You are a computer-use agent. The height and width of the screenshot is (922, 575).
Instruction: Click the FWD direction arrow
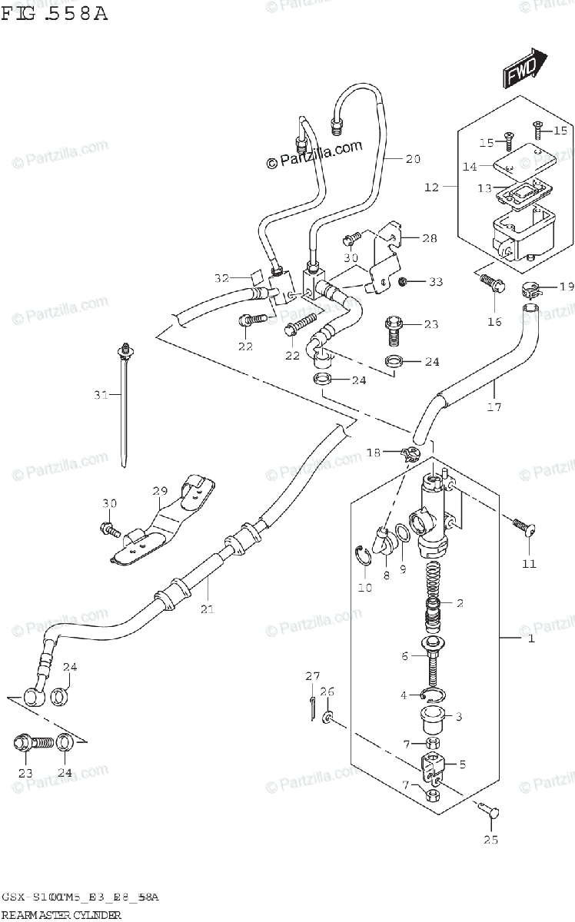[x=525, y=69]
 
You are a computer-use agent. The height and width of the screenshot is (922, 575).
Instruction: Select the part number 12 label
[x=430, y=187]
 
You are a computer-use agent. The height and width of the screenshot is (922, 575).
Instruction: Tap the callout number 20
[x=413, y=160]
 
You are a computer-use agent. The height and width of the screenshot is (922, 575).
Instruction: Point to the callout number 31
[x=101, y=396]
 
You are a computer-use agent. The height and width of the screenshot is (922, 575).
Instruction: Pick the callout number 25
[x=490, y=840]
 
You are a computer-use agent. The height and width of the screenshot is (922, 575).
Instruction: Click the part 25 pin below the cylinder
[x=489, y=808]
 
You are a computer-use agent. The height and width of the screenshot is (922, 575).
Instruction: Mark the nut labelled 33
[x=402, y=283]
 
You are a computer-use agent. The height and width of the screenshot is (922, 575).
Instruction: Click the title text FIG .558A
[x=54, y=14]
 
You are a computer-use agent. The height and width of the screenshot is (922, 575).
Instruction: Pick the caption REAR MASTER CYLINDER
[x=61, y=915]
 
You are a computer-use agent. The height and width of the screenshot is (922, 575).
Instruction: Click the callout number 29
[x=159, y=491]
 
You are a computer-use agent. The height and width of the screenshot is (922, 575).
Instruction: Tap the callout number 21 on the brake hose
[x=207, y=609]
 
